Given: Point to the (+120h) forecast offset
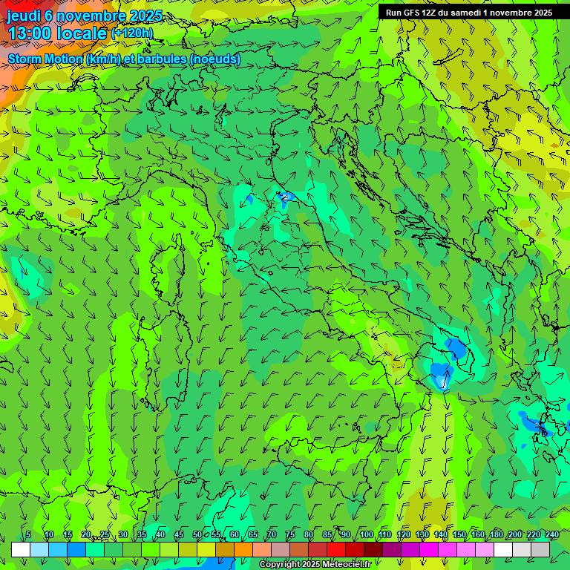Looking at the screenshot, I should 131,33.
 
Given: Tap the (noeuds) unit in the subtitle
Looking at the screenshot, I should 214,59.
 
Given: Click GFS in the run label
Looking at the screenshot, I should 410,13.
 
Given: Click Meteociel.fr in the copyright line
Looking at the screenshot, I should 347,565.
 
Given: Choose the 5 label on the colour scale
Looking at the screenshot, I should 28,534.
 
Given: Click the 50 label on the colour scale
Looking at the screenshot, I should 197,534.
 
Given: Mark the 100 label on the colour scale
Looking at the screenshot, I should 366,534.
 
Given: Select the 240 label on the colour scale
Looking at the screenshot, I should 552,534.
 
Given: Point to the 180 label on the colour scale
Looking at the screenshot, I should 496,534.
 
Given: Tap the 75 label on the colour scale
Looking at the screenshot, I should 289,534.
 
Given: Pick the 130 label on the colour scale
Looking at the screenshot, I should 422,534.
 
